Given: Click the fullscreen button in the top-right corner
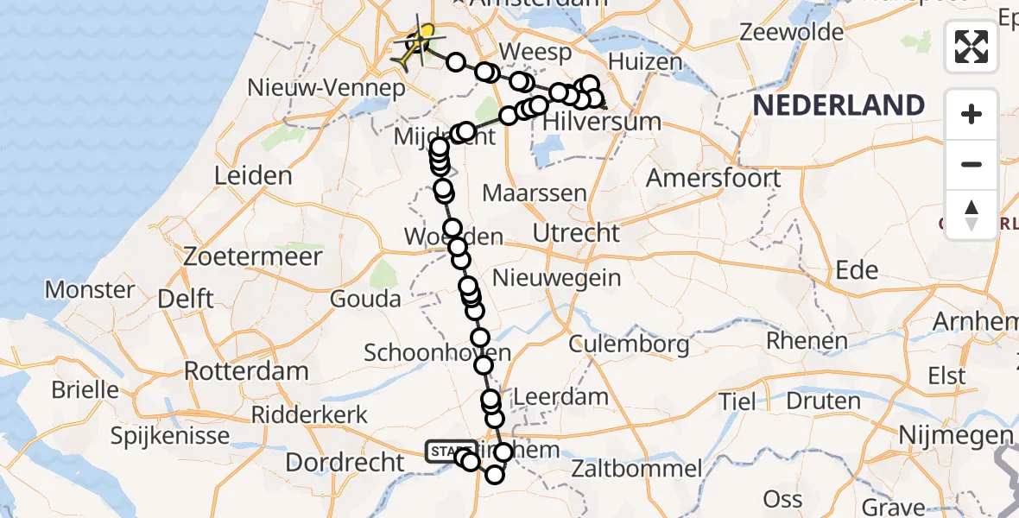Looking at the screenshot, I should point(972,46).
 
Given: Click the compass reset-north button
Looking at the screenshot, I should point(972,215).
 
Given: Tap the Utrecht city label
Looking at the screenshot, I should point(576,232).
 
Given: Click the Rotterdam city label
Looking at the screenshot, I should point(246,371).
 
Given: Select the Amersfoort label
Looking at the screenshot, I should point(713,178).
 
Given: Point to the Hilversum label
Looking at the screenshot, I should point(602,122).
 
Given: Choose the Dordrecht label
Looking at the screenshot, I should point(344,462).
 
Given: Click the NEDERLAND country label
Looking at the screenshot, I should point(839,106).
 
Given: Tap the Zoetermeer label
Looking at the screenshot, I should point(253,256).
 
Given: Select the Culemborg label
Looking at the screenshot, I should point(629,344).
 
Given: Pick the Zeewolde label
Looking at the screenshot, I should point(792,33).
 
